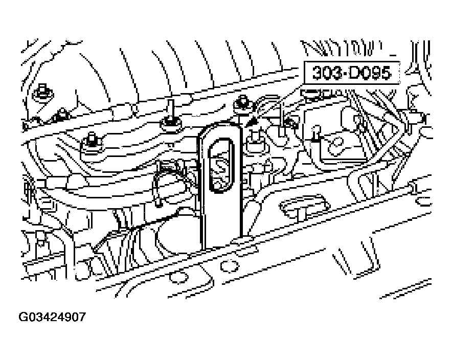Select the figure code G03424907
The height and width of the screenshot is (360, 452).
(x=52, y=318)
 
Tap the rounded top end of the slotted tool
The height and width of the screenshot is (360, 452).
(x=220, y=129)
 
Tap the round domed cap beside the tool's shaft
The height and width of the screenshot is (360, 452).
(x=174, y=235)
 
